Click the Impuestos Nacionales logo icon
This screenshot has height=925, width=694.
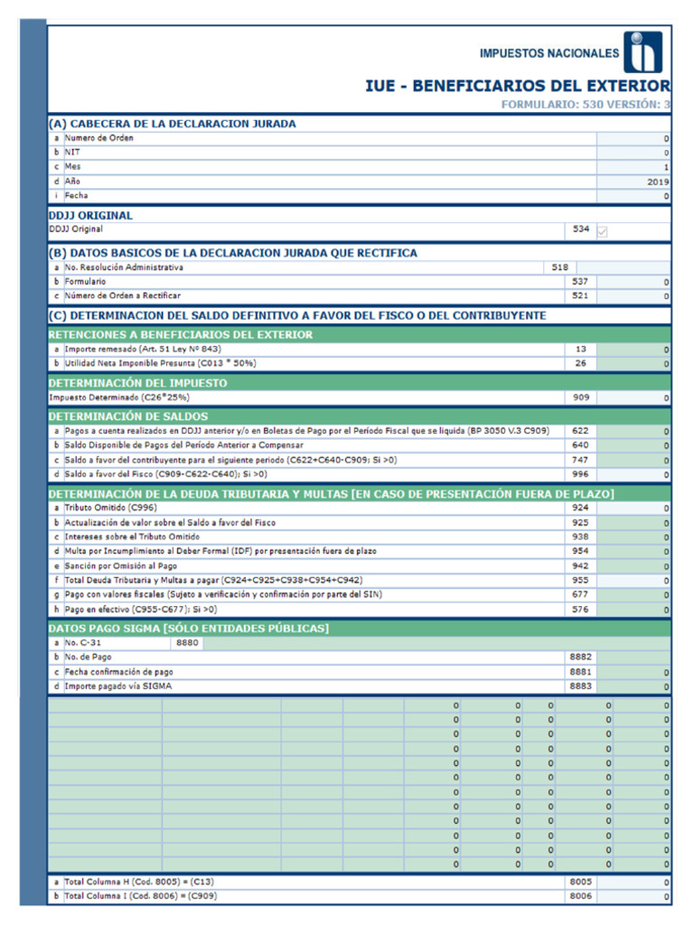(642, 52)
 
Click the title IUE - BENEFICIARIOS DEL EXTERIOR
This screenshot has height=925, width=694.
(517, 86)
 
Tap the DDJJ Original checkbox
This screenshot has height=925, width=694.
(603, 231)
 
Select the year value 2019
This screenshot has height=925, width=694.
(656, 182)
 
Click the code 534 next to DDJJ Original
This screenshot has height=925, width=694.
(580, 229)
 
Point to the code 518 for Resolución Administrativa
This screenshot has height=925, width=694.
(559, 267)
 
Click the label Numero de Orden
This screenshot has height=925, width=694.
(99, 138)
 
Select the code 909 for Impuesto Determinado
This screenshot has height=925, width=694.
(580, 397)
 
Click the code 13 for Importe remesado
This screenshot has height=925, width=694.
(580, 349)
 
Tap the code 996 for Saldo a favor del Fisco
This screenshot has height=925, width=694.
(580, 474)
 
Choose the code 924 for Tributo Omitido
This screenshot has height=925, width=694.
(580, 508)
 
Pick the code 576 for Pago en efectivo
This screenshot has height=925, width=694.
(580, 609)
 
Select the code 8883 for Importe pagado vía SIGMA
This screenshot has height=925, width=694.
(580, 687)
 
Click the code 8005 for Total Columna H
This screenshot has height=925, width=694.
(580, 882)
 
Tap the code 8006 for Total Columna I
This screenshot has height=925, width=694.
(580, 896)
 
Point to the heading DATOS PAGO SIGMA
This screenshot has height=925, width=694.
(188, 628)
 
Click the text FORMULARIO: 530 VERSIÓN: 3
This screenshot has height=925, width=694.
(586, 105)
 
